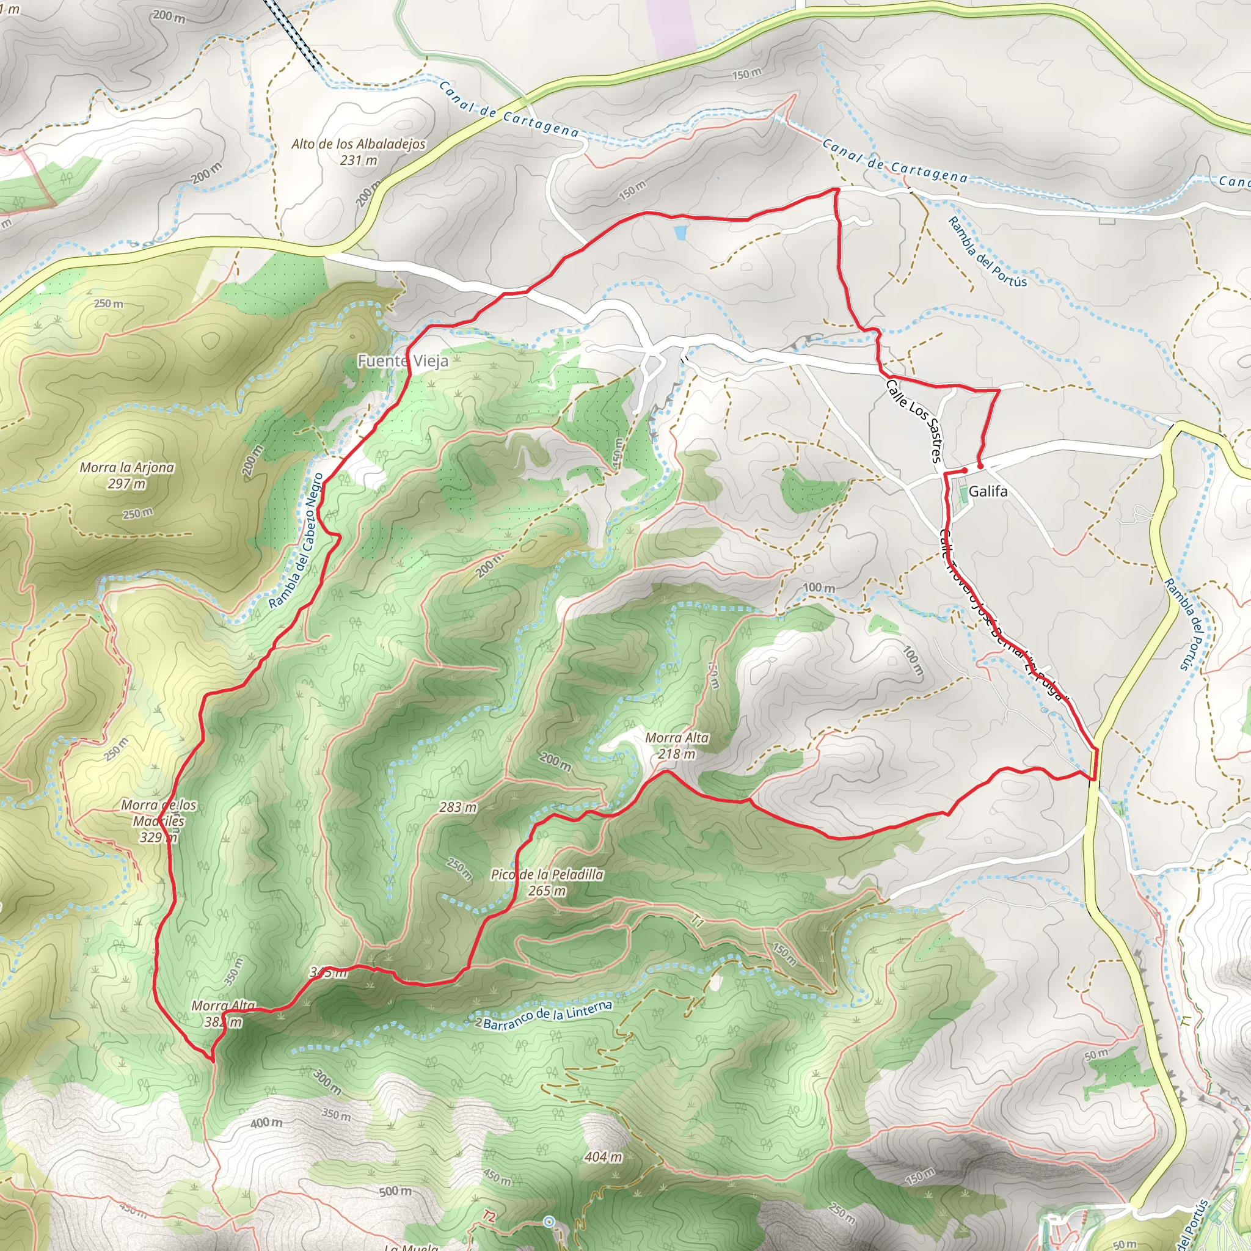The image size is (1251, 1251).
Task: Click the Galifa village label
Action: pos(988,492)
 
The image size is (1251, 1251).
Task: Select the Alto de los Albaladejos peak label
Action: pos(358,151)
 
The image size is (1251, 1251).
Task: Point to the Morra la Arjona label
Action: pos(127,475)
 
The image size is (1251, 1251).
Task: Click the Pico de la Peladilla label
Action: pos(547,883)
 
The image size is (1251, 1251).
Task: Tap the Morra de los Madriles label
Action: pos(159,821)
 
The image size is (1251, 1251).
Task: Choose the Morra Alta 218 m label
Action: pos(677,745)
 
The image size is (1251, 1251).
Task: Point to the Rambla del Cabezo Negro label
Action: pos(296,541)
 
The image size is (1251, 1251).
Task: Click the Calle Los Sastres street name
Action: pos(914,421)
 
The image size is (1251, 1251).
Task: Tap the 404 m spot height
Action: pos(604,1156)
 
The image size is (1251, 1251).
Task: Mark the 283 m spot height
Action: pos(458,808)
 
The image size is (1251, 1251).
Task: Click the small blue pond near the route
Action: pos(680,231)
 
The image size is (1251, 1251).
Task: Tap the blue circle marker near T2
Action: pos(549,1221)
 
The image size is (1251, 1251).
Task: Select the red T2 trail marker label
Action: pos(489,1217)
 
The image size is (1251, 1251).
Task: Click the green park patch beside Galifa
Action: pos(963,494)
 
